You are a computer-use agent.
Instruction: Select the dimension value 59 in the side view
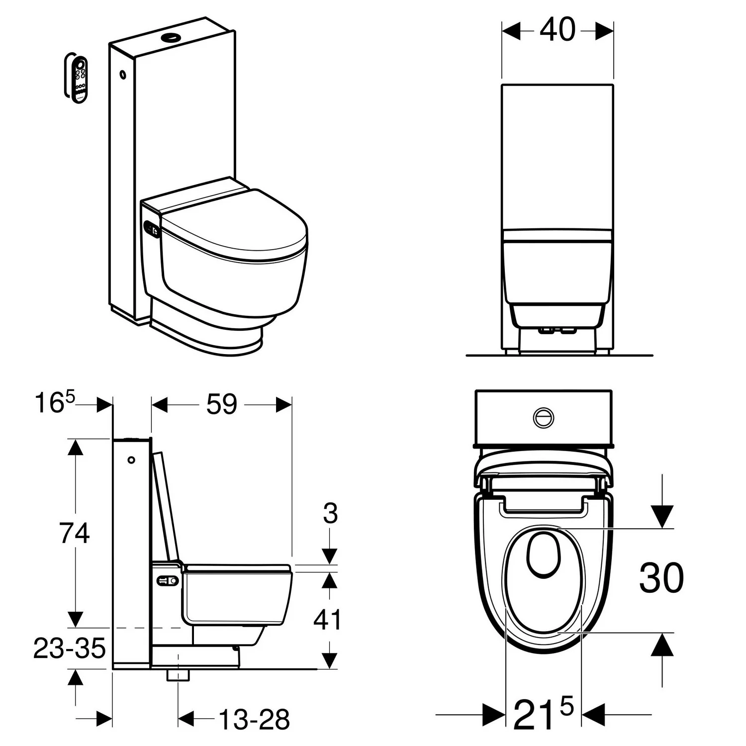click(222, 404)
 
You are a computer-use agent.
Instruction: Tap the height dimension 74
click(75, 533)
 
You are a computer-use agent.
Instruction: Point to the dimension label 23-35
click(70, 649)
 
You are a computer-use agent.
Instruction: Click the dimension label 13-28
click(254, 719)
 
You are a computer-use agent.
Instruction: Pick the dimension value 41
click(328, 620)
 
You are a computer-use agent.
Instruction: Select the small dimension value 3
click(330, 514)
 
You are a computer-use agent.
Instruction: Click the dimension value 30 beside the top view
click(661, 578)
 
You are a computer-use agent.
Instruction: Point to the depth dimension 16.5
click(55, 403)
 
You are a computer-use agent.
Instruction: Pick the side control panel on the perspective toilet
click(152, 229)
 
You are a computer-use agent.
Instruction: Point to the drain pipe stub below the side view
click(178, 675)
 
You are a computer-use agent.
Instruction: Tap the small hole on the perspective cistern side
click(122, 76)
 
